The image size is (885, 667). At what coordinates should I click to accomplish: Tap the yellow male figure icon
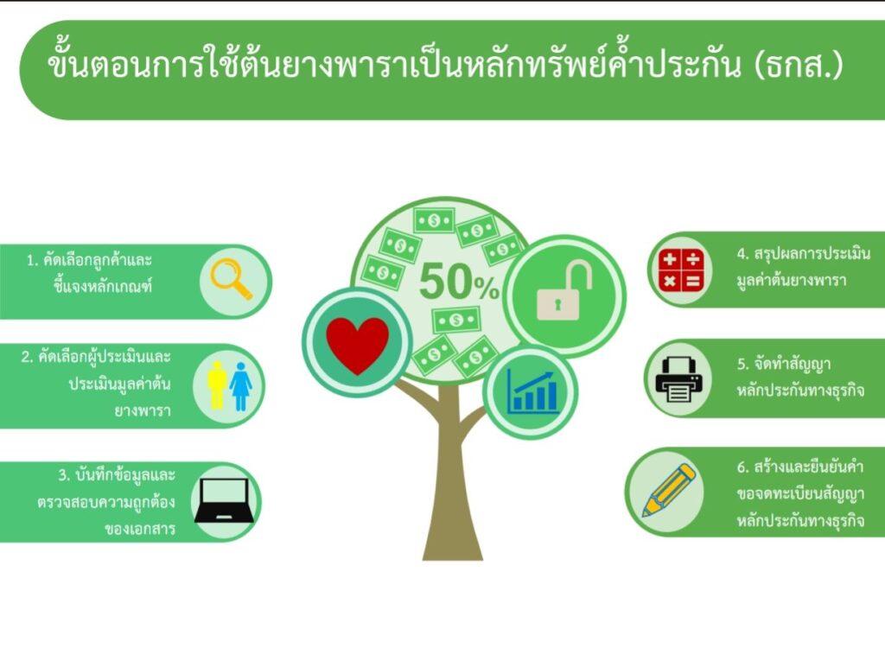[x=217, y=385]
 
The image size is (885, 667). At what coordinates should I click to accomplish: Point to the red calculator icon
[x=681, y=270]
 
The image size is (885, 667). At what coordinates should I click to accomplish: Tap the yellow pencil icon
[x=670, y=490]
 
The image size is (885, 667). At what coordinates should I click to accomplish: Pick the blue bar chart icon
[x=532, y=391]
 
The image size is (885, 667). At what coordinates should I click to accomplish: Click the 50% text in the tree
[x=459, y=282]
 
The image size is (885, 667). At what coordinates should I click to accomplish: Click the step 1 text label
[x=90, y=273]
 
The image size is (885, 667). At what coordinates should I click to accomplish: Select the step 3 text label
[x=106, y=502]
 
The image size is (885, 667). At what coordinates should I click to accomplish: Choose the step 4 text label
[x=803, y=267]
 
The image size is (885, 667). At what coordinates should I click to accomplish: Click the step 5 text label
[x=800, y=377]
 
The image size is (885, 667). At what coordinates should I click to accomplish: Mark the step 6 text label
[x=800, y=493]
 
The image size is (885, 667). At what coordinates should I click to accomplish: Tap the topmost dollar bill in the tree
[x=434, y=220]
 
